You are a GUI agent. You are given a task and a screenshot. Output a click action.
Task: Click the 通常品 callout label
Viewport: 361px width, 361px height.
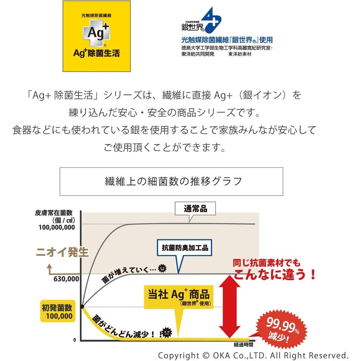click(195, 209)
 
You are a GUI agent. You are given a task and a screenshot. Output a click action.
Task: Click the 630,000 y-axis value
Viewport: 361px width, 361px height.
click(66, 279)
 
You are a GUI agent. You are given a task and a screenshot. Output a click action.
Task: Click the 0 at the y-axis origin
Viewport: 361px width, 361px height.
click(74, 340)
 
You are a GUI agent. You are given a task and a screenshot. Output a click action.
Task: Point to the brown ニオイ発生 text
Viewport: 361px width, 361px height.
click(62, 252)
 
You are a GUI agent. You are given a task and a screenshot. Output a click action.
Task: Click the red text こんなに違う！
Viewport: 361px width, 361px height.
click(275, 276)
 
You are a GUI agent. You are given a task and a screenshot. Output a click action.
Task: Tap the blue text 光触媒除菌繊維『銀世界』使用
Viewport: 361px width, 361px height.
click(226, 40)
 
